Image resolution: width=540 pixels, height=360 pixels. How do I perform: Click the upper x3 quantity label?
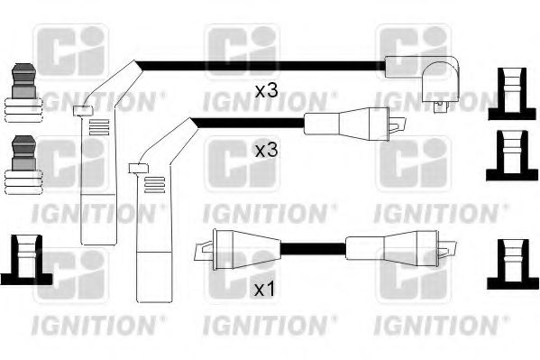point(266,91)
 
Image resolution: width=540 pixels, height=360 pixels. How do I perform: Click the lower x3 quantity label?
point(266,151)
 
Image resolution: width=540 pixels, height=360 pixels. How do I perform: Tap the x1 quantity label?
point(264,290)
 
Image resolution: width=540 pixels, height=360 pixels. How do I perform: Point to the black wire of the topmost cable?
point(261,66)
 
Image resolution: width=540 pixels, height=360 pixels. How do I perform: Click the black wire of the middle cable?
point(248,123)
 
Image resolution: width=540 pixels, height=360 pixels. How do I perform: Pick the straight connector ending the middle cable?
point(355,124)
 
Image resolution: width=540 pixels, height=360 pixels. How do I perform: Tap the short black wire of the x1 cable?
point(313,249)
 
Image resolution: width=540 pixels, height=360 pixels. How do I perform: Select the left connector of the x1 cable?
point(238,250)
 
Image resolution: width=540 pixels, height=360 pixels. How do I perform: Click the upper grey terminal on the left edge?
point(23,93)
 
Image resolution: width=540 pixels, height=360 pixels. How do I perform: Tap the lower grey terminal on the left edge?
point(23,165)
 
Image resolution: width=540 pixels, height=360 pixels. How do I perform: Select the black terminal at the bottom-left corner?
point(26,260)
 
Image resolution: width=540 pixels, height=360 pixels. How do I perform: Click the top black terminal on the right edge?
point(512,94)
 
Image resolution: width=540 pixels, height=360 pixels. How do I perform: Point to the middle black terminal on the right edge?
point(511,155)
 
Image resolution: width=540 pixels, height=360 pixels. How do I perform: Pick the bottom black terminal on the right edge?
point(513,264)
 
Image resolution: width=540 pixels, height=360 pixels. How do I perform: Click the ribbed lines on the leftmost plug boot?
point(99,127)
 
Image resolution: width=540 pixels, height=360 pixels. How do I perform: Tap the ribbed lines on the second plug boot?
point(155,184)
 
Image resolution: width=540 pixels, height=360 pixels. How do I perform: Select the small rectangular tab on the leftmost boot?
point(83,110)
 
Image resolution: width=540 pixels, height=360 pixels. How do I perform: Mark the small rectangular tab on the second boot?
point(138,168)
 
